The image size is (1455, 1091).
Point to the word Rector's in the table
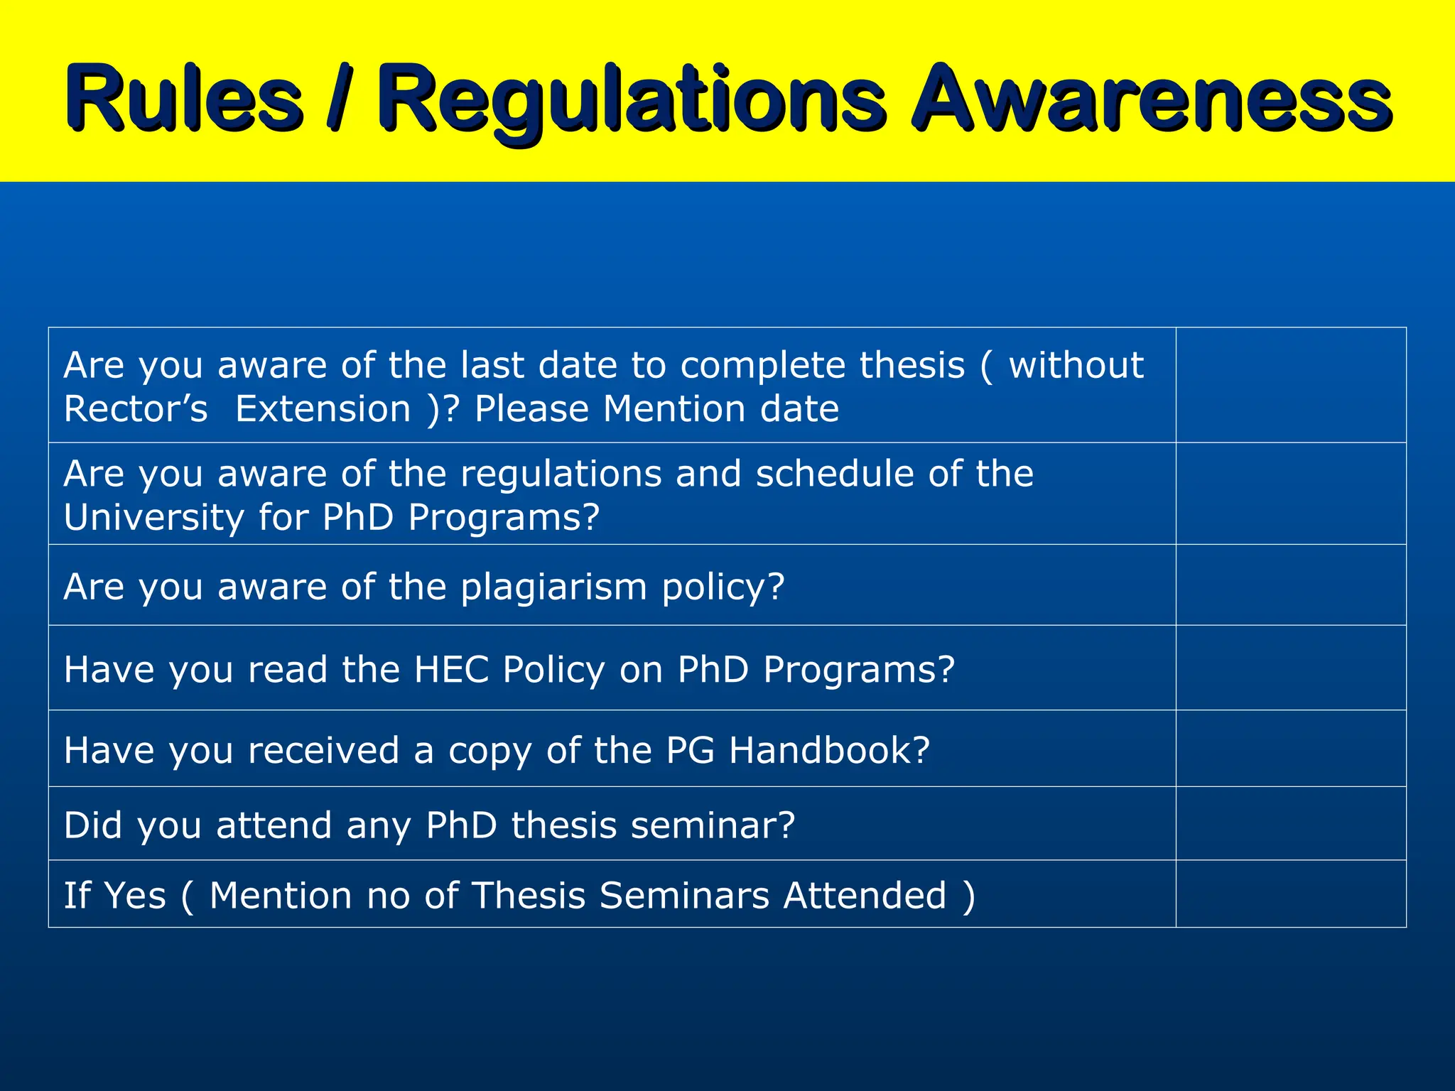tap(136, 409)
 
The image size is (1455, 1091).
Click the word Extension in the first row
tap(323, 409)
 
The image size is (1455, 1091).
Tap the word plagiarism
tap(553, 587)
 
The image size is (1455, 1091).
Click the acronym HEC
tap(452, 670)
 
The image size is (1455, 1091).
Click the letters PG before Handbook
tap(690, 750)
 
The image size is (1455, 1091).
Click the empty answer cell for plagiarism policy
tap(1290, 585)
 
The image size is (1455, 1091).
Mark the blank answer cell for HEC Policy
tap(1290, 668)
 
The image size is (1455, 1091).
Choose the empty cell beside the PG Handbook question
tap(1290, 749)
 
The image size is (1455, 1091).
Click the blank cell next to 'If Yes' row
tap(1290, 894)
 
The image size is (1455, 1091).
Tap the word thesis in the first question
tap(912, 365)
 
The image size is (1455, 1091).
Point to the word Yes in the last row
tap(135, 895)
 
